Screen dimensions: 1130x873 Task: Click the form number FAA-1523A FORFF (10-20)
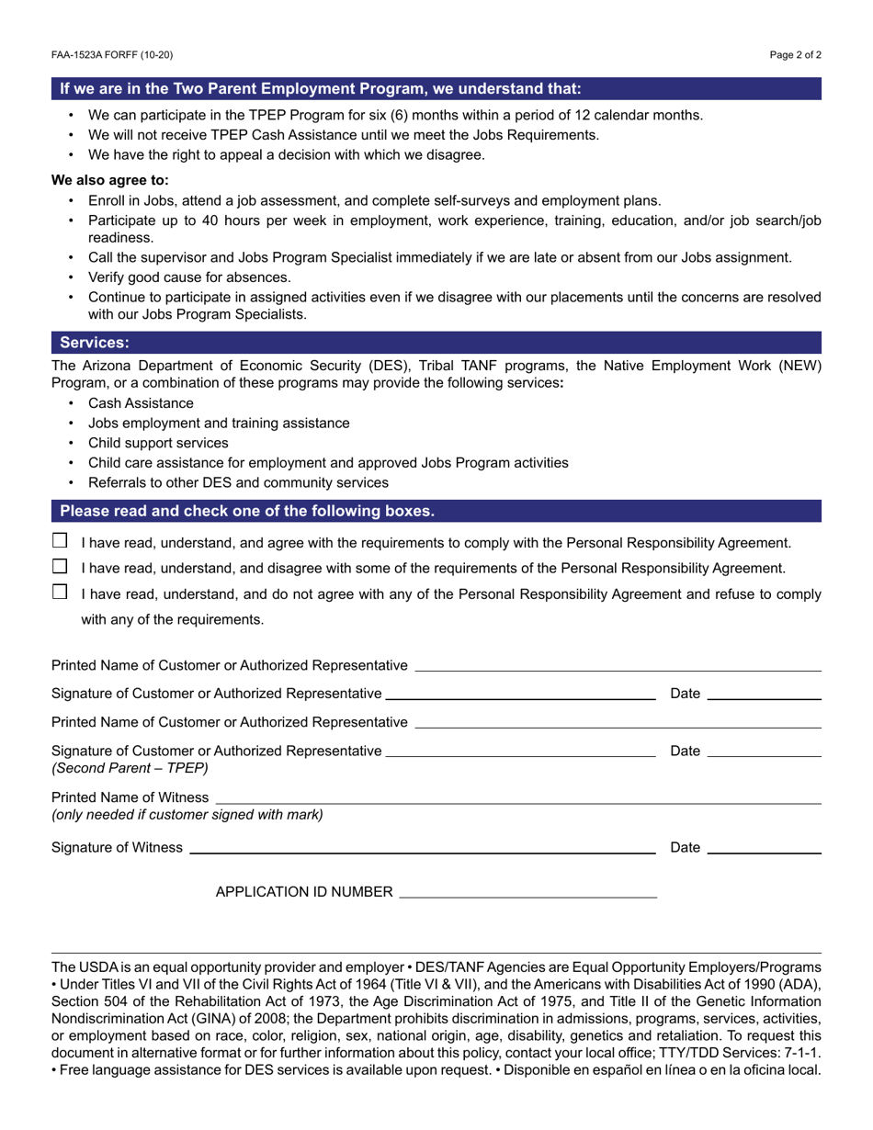[112, 55]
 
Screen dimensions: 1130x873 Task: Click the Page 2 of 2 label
[795, 55]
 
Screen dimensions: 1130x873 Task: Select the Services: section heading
[95, 343]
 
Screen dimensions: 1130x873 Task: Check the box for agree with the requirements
[60, 541]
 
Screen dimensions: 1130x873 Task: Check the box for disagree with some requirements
[60, 566]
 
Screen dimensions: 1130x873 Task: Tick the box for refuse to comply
[60, 592]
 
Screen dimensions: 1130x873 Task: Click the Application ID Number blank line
[528, 891]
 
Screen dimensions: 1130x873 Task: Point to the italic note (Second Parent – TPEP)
[130, 768]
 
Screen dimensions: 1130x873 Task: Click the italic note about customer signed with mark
[187, 815]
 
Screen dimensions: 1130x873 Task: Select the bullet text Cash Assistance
[141, 403]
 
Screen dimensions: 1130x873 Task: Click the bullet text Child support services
[158, 443]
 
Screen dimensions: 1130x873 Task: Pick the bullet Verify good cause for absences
[189, 277]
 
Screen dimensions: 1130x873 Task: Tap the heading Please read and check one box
[247, 512]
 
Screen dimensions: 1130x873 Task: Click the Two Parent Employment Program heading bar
[321, 89]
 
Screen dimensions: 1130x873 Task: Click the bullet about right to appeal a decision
[286, 154]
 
